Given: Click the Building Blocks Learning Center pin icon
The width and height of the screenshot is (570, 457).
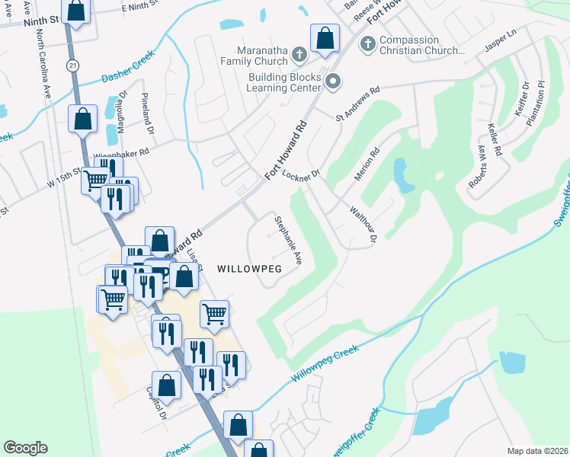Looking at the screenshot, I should click(332, 80).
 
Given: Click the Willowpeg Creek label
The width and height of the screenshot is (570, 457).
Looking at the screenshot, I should click(325, 364).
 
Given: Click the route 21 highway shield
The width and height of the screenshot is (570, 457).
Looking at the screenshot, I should click(72, 66).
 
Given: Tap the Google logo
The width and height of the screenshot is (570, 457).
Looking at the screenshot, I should click(25, 448).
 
